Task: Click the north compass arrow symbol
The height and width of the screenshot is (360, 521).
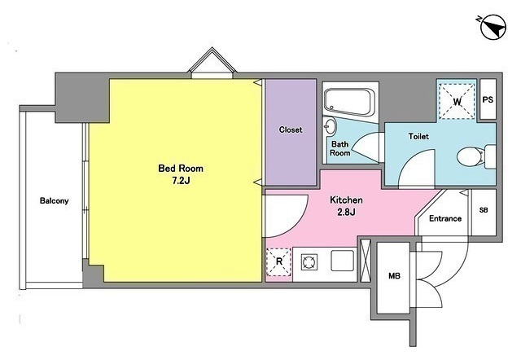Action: click(x=493, y=27)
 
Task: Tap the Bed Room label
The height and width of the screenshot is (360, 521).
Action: click(x=181, y=169)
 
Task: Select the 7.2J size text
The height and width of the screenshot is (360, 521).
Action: click(x=181, y=181)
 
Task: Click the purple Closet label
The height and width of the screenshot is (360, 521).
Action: click(x=291, y=130)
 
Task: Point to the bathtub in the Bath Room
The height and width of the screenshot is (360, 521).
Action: click(x=349, y=102)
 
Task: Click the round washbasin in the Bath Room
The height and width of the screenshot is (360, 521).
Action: click(x=329, y=126)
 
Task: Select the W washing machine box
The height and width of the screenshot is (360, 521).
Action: click(x=458, y=101)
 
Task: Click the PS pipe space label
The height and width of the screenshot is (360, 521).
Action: click(x=488, y=99)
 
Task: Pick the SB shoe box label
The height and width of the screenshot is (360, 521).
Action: click(x=484, y=210)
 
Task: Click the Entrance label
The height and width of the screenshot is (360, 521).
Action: click(x=445, y=218)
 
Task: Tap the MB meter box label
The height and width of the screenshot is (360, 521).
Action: click(x=394, y=276)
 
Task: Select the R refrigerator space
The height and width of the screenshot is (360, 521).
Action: click(x=279, y=262)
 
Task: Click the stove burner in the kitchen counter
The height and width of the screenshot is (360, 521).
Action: click(x=309, y=262)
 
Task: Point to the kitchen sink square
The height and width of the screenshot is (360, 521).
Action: click(x=343, y=261)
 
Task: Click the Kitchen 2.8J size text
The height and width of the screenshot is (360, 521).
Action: click(x=346, y=212)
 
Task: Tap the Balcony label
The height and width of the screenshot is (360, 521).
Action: click(x=55, y=201)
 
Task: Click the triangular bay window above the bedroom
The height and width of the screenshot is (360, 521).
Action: click(x=212, y=63)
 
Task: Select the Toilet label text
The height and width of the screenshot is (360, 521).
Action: click(x=418, y=136)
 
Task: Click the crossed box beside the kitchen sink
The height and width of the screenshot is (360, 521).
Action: click(x=366, y=261)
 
